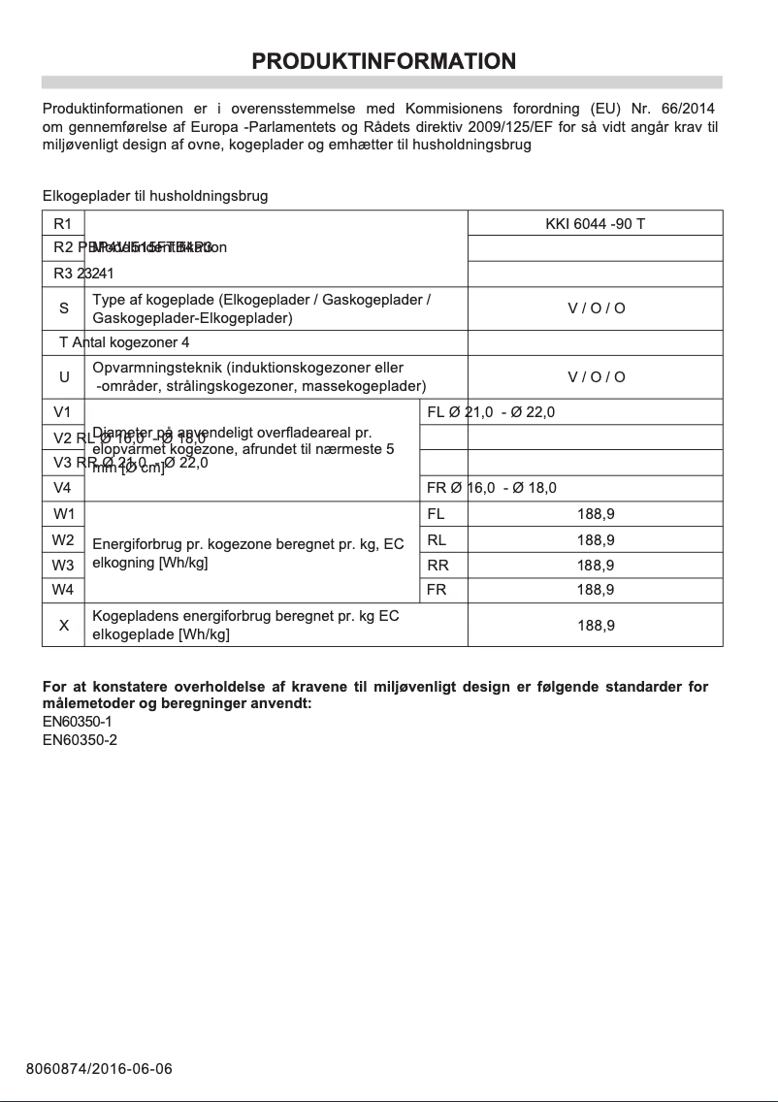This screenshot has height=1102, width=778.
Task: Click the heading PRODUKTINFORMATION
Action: pos(383,62)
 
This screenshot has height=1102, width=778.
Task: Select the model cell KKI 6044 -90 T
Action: pos(595,224)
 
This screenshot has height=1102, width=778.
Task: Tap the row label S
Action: pos(64,308)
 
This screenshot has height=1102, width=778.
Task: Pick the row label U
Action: pos(64,376)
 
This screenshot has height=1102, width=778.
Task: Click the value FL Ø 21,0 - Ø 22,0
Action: pos(491,412)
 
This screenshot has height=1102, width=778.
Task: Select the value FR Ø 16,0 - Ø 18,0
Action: pos(492,488)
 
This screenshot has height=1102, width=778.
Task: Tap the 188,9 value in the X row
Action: pos(595,626)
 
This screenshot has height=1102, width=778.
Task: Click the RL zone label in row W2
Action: pos(437,540)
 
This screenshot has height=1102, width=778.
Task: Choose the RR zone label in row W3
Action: pos(438,566)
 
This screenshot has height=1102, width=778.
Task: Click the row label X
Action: pos(64,626)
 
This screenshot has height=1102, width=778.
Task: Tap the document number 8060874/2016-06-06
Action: pos(99,1069)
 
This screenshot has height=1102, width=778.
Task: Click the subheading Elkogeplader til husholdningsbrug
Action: pos(155,196)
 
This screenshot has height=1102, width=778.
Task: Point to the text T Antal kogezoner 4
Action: pos(124,342)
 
